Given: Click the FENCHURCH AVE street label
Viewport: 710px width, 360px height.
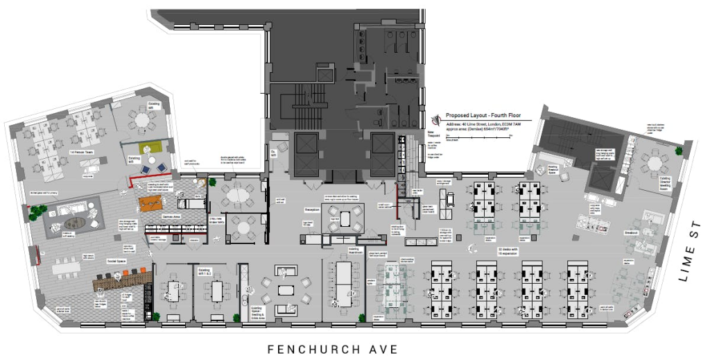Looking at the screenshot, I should pos(333,348).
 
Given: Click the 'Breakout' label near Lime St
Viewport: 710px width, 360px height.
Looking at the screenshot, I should pos(630,232).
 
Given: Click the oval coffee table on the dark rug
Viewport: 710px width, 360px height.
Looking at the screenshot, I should pos(72,224).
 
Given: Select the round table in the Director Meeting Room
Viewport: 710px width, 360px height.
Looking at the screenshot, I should pos(652,164).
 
